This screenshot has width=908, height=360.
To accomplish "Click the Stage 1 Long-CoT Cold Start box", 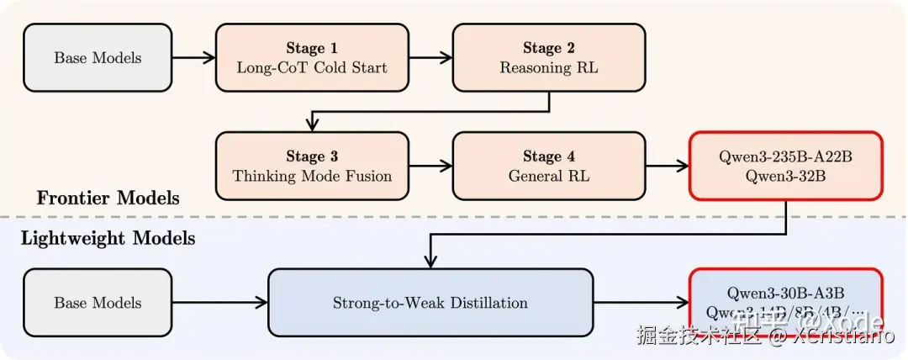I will (x=312, y=57).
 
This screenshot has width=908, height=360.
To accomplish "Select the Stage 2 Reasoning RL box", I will (x=549, y=57).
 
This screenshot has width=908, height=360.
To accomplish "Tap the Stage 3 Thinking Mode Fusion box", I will (x=312, y=166).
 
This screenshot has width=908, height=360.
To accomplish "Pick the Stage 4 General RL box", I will (x=549, y=166).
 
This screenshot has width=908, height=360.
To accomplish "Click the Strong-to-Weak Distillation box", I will (x=430, y=302).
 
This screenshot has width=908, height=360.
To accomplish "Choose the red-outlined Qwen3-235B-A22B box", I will (x=786, y=166).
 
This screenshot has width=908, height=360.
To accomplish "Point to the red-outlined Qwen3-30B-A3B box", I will (x=786, y=302).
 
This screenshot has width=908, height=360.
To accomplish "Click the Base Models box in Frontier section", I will (x=98, y=57).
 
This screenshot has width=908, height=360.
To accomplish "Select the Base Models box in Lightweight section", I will (x=98, y=302).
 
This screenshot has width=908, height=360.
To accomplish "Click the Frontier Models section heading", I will (x=108, y=199).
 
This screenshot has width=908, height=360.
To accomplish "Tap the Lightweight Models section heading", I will (x=108, y=239).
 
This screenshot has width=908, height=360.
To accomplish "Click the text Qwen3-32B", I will (x=785, y=176).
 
